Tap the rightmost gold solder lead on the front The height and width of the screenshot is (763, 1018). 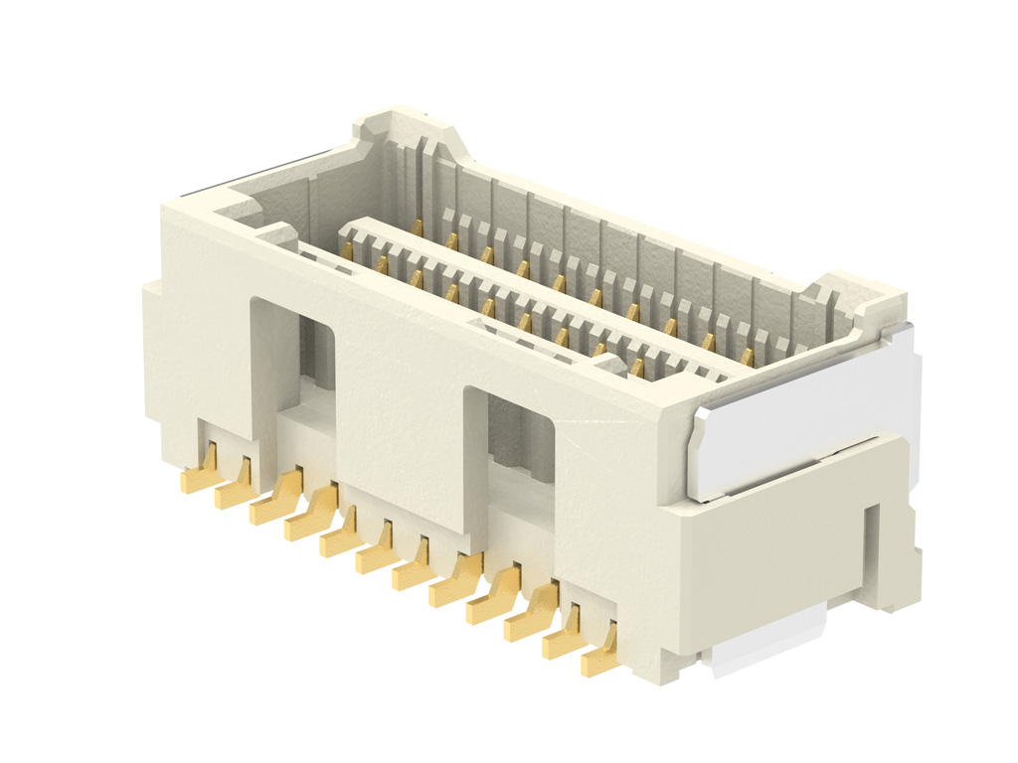click(600, 658)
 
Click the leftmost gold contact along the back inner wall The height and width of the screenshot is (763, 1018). click(418, 228)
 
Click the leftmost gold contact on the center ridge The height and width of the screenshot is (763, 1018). click(347, 251)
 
